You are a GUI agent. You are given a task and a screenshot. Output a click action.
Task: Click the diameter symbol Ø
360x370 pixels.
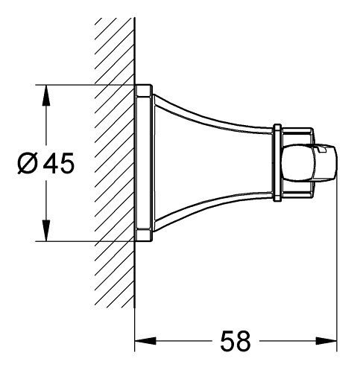click(28, 163)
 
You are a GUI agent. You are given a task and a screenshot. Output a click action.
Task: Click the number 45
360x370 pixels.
click(59, 163)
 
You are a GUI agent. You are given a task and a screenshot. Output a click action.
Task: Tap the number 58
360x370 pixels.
click(236, 341)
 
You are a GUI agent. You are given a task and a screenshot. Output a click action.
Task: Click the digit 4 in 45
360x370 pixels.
click(51, 163)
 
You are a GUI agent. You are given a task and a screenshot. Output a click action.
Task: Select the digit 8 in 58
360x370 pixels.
click(243, 341)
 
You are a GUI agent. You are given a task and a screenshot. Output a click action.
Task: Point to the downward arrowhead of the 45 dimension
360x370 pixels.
click(46, 230)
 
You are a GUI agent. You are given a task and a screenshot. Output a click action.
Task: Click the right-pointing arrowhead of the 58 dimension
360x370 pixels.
click(326, 341)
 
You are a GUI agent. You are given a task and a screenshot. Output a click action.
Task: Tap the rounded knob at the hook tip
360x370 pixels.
click(309, 163)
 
